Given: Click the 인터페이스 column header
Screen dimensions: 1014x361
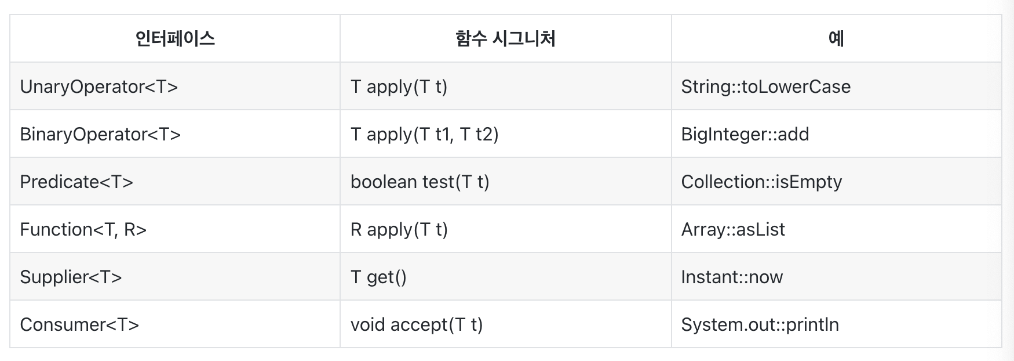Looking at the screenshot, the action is click(175, 39).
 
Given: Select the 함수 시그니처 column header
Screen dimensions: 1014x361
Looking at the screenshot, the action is click(505, 39).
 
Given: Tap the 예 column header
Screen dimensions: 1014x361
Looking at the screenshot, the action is click(836, 39).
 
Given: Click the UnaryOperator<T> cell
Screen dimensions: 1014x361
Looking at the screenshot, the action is click(99, 86).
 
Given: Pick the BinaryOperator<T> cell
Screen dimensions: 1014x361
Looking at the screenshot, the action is click(100, 134).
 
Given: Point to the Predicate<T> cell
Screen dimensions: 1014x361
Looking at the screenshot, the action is click(76, 182).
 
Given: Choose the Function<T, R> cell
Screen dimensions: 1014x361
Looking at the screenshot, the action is click(83, 229).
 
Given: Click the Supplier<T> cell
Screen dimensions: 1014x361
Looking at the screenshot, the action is click(71, 277).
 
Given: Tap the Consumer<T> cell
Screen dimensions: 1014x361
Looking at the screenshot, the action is click(79, 324).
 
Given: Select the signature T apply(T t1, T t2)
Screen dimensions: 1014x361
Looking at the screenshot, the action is click(425, 134).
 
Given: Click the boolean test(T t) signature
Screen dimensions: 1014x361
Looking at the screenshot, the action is click(420, 182).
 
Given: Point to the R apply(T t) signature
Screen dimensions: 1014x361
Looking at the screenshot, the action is click(399, 229).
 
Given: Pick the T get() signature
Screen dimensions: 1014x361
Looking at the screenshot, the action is click(378, 277).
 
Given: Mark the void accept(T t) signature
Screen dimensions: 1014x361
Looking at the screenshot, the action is click(417, 324).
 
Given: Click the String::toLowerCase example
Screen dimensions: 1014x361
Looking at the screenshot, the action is click(765, 86).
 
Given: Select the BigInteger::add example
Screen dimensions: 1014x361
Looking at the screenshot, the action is click(745, 134).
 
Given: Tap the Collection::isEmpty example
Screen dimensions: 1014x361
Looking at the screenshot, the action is click(761, 182).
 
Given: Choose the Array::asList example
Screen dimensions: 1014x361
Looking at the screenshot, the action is click(733, 229).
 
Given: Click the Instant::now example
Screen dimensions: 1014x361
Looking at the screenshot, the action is click(732, 277).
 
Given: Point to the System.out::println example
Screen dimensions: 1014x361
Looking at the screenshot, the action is click(760, 324).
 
